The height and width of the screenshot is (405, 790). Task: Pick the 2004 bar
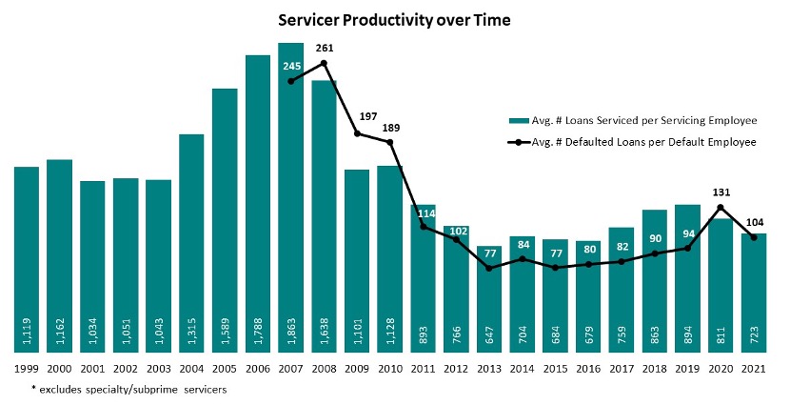pos(191,238)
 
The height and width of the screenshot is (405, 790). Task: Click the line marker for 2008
pos(325,64)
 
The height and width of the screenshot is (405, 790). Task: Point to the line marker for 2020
pos(721,207)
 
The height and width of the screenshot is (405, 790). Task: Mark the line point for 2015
pos(556,268)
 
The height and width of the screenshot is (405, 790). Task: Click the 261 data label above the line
pos(325,48)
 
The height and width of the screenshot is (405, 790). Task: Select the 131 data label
pos(721,191)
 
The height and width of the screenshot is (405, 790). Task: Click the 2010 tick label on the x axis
pos(390,368)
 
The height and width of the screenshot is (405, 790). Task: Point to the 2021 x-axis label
pos(754,368)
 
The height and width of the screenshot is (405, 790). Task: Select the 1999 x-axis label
pos(27,368)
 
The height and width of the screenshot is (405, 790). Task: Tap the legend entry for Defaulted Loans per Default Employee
pos(643,141)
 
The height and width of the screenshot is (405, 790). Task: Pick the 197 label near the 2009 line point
pos(358,117)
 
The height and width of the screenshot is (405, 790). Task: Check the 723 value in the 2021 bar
pos(755,336)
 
